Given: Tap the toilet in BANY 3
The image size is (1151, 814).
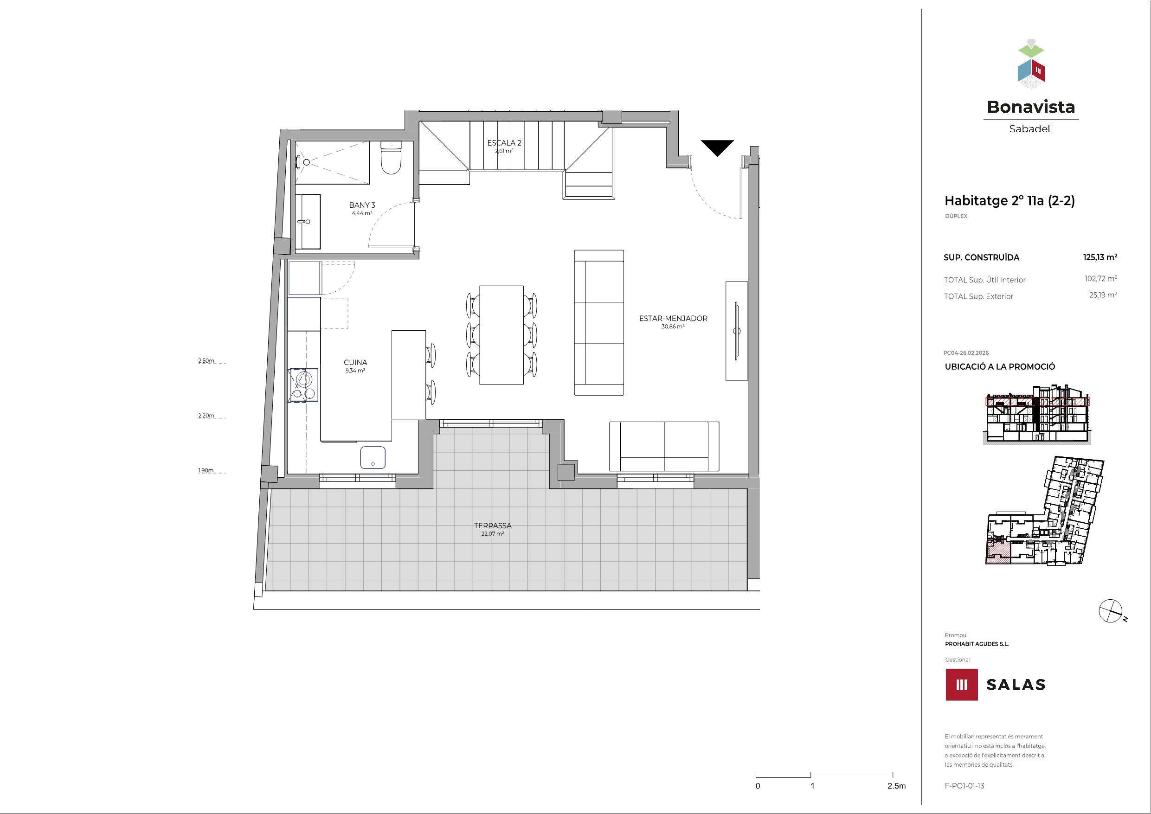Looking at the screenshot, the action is click(x=391, y=158).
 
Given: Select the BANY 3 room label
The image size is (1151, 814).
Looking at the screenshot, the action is click(x=362, y=205).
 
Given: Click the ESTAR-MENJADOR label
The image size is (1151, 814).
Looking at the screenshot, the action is click(x=673, y=318).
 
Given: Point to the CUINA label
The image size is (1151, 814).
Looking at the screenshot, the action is click(x=355, y=362).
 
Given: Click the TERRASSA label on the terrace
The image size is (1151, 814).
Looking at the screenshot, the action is click(x=493, y=526).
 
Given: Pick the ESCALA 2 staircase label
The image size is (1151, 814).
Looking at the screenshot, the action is click(x=504, y=143).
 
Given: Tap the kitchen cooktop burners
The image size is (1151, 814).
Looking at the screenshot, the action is click(x=303, y=385).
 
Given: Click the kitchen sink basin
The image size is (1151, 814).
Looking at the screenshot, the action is click(x=373, y=457).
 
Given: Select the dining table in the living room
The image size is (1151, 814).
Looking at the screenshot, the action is click(x=502, y=335).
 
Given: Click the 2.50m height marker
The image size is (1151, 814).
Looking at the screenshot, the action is click(x=206, y=361).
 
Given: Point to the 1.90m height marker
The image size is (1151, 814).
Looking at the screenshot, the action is click(x=206, y=471).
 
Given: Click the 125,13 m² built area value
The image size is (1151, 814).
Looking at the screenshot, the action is click(x=1100, y=257).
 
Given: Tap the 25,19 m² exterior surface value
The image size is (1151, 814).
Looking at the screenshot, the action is click(x=1103, y=295).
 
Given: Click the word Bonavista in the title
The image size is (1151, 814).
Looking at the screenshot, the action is click(x=1031, y=107).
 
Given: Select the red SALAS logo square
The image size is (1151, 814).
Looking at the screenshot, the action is click(x=962, y=684).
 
